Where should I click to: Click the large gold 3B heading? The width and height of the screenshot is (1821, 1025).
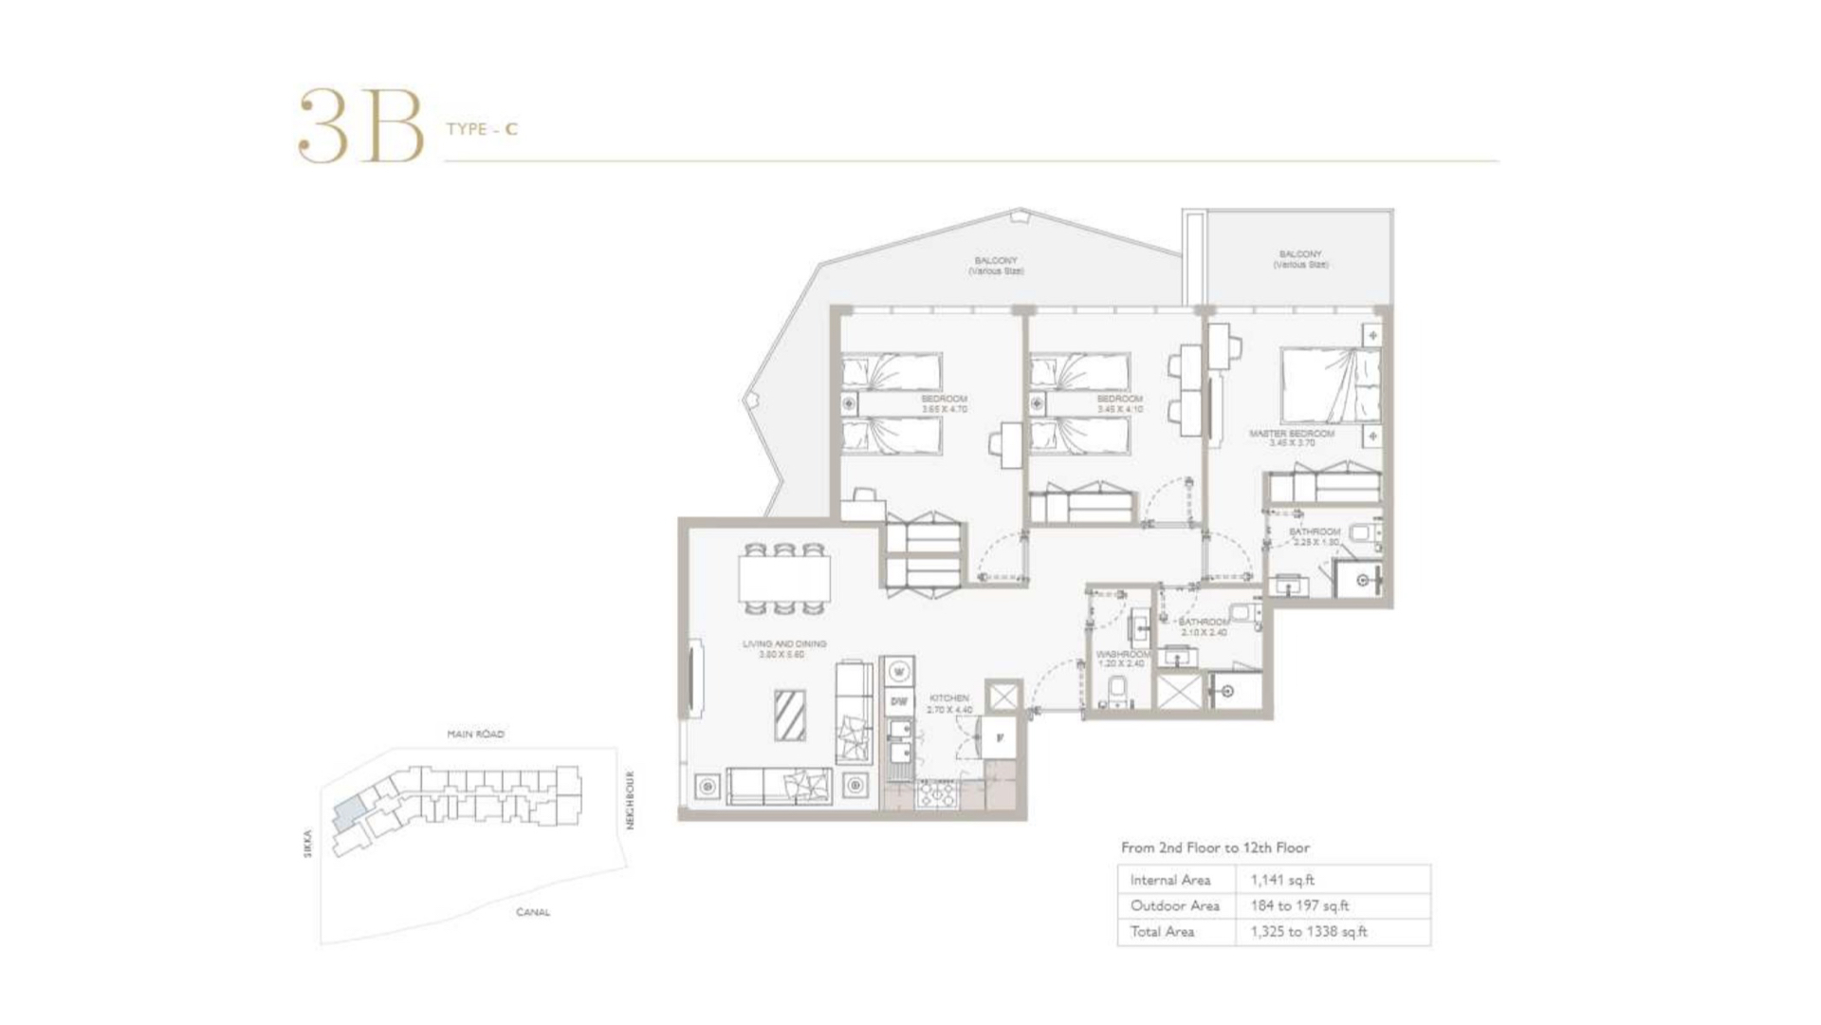(x=360, y=127)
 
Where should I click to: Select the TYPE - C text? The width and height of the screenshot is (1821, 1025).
(x=482, y=129)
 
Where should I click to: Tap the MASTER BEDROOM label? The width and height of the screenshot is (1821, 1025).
(x=1291, y=434)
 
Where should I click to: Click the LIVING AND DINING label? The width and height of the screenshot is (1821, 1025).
(x=783, y=644)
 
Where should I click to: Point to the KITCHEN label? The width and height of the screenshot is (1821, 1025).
(x=948, y=699)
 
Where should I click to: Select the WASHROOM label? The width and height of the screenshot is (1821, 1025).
(x=1123, y=655)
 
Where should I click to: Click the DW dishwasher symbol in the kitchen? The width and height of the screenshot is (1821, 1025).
(x=898, y=701)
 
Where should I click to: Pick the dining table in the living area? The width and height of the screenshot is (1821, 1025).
(x=783, y=578)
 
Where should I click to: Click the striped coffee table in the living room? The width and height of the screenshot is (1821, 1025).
(x=789, y=716)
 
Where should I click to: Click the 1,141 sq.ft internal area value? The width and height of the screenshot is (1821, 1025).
(x=1282, y=880)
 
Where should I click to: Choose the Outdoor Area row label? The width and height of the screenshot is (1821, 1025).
(x=1174, y=905)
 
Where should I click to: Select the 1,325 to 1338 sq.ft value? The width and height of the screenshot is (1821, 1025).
(x=1308, y=932)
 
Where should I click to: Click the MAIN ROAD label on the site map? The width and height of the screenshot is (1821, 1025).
(x=475, y=734)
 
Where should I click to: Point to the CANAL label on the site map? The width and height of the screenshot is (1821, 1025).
(x=532, y=912)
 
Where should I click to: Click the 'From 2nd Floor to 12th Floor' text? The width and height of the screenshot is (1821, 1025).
(x=1214, y=848)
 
